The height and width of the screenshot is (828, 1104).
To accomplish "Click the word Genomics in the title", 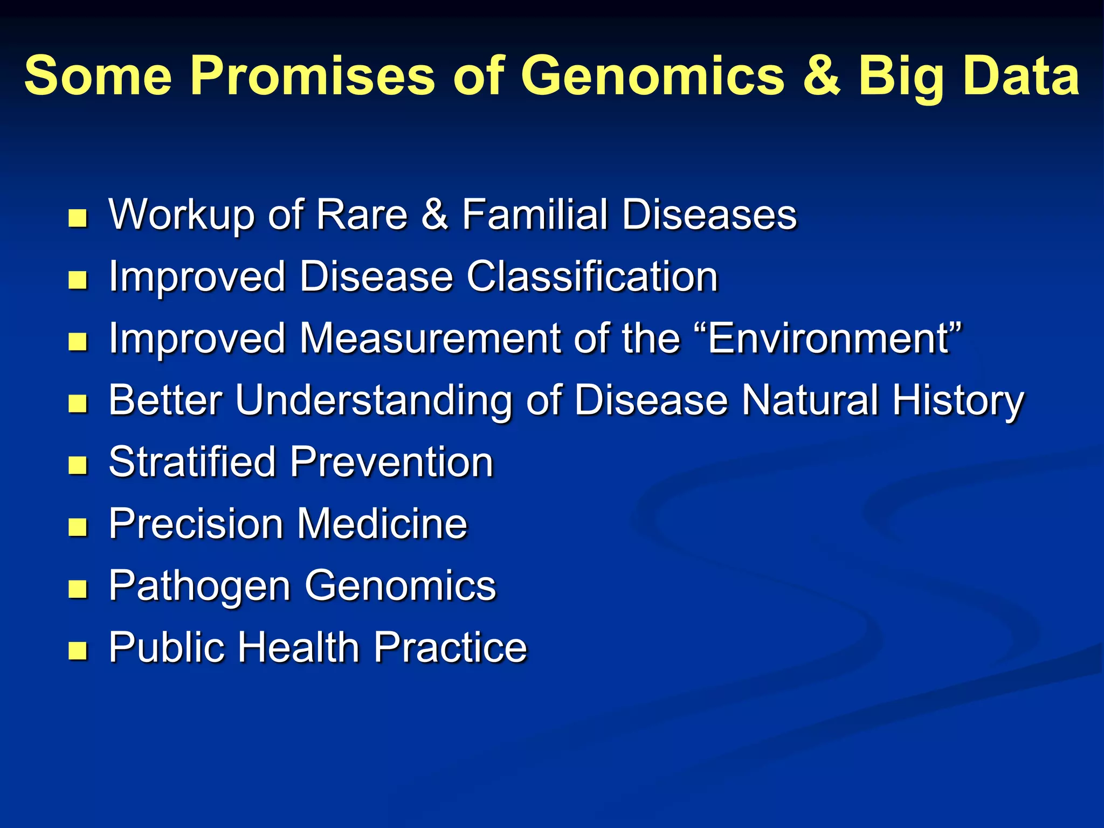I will (x=652, y=77).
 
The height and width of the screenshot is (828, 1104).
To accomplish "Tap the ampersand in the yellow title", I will (x=821, y=77).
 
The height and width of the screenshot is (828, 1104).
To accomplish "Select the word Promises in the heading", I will (x=312, y=77).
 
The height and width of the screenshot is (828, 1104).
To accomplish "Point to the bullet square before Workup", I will (x=78, y=218).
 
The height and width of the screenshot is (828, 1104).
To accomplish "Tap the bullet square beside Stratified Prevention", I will (x=78, y=466).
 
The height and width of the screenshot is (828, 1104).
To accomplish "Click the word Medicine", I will (x=382, y=524).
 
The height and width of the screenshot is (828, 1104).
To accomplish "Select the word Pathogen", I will (x=199, y=586).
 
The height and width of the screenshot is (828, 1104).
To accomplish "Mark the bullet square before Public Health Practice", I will (x=78, y=651).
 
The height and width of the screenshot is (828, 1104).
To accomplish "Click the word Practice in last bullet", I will (x=450, y=647).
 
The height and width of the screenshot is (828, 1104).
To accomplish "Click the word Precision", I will (x=196, y=524).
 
